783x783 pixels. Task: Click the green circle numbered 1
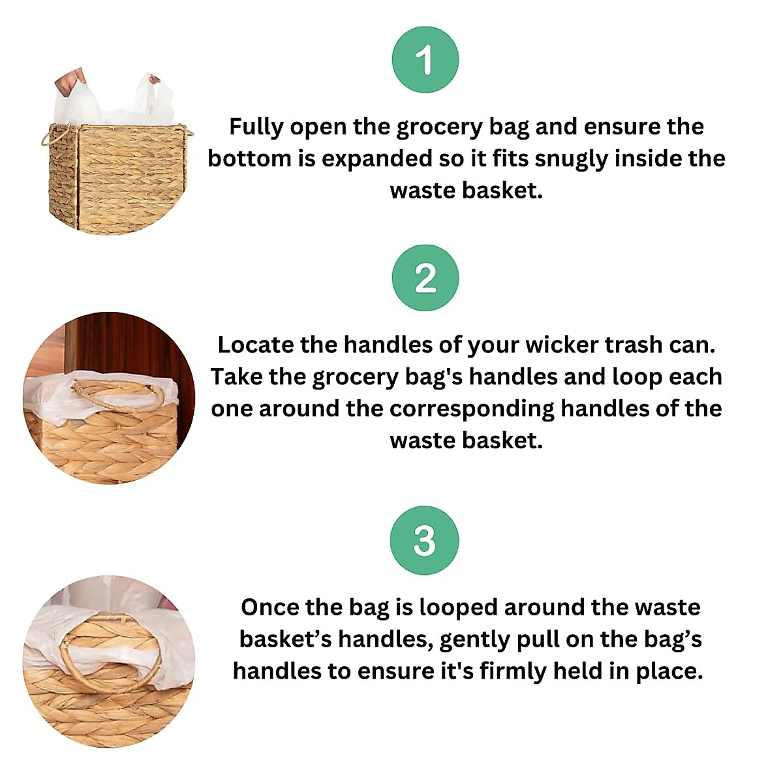click(425, 60)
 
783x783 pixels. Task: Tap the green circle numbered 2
click(425, 278)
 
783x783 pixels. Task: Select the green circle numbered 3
click(424, 540)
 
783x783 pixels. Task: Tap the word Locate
click(256, 345)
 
